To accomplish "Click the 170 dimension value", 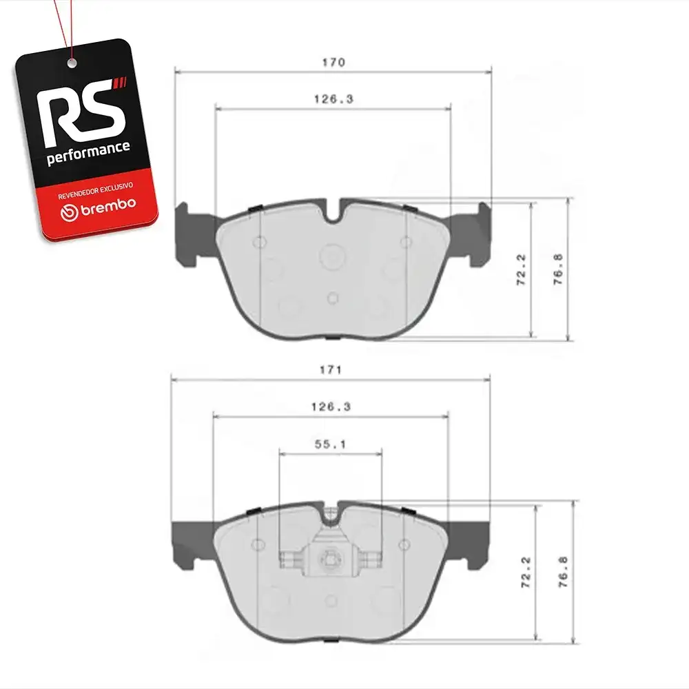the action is click(333, 63).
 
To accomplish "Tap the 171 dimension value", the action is click(331, 370).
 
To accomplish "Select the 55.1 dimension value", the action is click(331, 444).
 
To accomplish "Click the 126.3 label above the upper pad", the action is click(333, 99).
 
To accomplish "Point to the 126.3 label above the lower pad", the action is click(331, 407).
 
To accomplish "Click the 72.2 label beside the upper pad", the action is click(521, 269).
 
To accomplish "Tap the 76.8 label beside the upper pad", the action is click(557, 269).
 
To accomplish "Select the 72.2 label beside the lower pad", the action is click(526, 572).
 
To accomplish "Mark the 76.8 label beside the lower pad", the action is click(563, 572).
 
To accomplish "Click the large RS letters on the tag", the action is click(81, 112).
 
